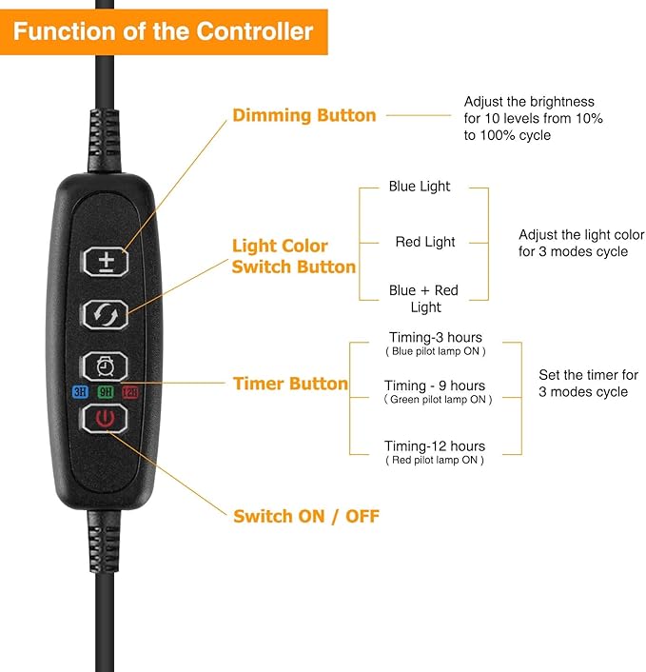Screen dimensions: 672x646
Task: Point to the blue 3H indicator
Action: click(80, 391)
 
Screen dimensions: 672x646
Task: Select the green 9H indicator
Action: click(105, 391)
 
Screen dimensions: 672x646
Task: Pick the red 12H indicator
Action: click(129, 391)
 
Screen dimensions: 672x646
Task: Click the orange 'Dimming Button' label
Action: click(303, 115)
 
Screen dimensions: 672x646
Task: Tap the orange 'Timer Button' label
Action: click(290, 384)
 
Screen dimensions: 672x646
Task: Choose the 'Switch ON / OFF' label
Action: click(305, 516)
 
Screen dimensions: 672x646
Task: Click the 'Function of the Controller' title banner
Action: click(163, 31)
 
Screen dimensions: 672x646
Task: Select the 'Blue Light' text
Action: click(420, 187)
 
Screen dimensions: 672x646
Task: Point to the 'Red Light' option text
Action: click(425, 242)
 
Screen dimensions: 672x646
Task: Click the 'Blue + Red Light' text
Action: click(424, 299)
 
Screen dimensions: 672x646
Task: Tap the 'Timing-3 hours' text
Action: click(435, 337)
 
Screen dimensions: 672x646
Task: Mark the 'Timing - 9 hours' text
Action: click(435, 385)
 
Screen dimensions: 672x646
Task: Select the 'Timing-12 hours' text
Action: click(435, 445)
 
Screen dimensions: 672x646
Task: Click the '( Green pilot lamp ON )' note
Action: click(438, 400)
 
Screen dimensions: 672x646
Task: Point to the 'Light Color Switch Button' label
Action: click(293, 257)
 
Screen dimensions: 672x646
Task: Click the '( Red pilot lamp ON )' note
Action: click(435, 460)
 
